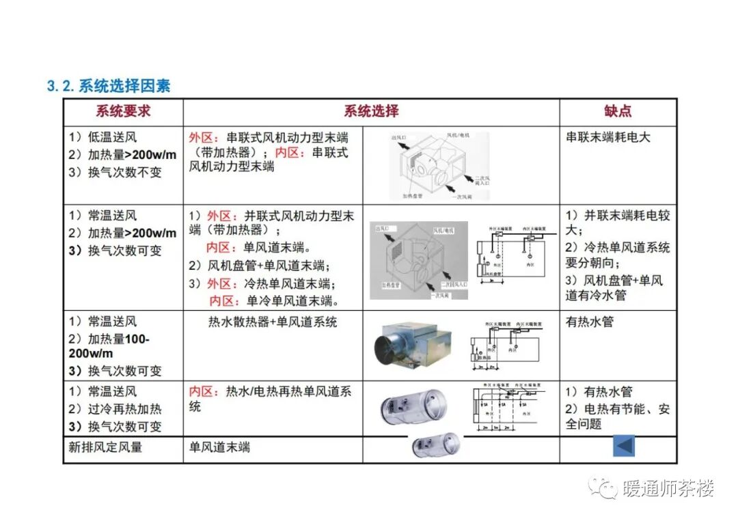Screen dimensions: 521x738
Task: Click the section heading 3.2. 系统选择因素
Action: (108, 86)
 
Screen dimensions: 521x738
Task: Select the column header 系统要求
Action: (123, 111)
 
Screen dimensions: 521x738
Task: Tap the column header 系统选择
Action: (371, 111)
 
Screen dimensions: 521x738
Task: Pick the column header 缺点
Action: (618, 111)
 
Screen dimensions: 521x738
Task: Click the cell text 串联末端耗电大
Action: (608, 137)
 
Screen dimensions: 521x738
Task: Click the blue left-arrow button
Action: (623, 446)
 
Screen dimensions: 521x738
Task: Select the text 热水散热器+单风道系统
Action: (273, 322)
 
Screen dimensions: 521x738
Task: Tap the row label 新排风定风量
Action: (106, 447)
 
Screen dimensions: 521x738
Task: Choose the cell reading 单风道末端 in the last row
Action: (219, 447)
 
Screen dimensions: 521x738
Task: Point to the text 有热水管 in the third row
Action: (589, 322)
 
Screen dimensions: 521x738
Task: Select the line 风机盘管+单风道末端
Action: (264, 266)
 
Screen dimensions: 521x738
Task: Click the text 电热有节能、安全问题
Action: (617, 416)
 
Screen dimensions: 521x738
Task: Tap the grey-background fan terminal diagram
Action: (419, 259)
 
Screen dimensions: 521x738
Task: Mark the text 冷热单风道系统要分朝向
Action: (617, 255)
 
